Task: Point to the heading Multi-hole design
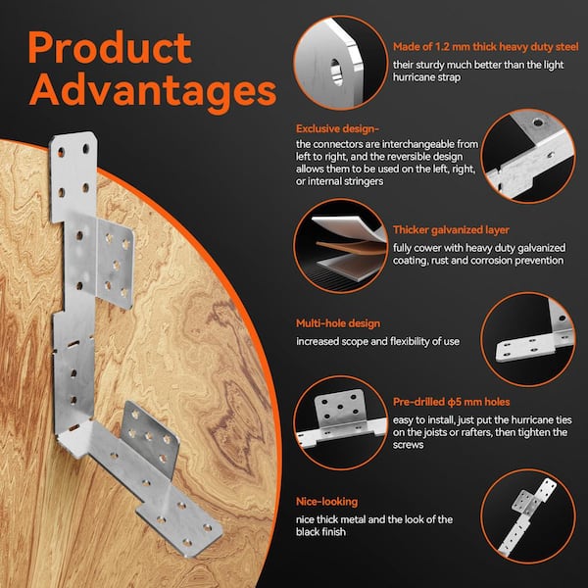point(339,323)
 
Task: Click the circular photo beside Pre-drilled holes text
point(339,417)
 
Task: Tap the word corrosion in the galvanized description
point(492,261)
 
